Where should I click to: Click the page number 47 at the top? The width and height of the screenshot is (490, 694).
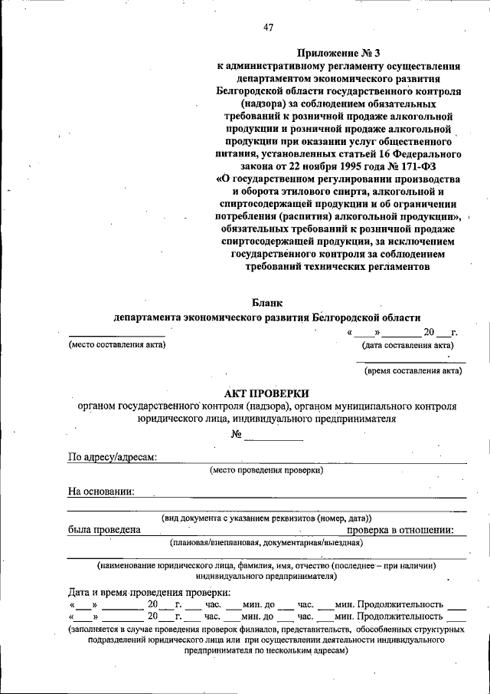point(268,28)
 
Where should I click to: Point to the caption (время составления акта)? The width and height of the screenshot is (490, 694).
point(413,371)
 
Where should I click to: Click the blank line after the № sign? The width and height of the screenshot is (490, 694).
point(273,437)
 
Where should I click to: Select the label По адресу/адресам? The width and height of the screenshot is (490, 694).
point(113,458)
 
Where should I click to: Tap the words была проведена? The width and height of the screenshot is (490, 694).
point(103,530)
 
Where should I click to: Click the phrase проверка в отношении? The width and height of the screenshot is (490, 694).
point(401,530)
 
